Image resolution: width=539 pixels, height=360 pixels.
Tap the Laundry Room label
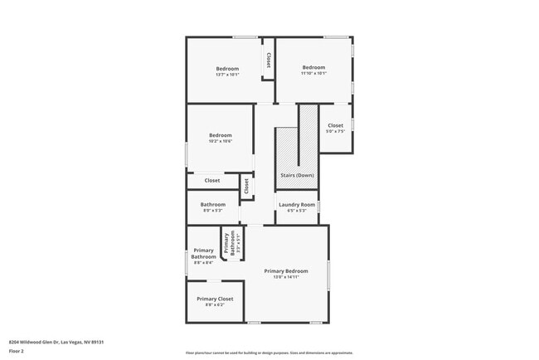click(297, 204)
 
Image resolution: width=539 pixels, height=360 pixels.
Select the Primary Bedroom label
click(286, 271)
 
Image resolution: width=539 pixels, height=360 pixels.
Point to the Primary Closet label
click(215, 299)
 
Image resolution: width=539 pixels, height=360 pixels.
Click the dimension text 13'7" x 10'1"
click(227, 75)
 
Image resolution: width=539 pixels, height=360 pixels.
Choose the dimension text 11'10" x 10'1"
click(313, 73)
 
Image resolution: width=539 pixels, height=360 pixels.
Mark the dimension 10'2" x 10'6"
click(220, 141)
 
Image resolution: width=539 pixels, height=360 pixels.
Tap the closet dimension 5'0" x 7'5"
click(335, 131)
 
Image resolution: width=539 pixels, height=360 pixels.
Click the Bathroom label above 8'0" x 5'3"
click(213, 204)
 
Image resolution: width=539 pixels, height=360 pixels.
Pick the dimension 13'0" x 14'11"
click(286, 277)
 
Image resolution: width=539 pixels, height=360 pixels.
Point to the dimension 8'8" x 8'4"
click(203, 263)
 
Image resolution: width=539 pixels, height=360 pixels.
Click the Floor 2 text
click(17, 351)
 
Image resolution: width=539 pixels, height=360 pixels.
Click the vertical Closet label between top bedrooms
click(269, 61)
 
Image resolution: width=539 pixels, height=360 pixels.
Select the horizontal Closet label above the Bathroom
click(212, 180)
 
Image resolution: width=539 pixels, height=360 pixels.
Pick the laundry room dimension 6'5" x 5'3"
click(297, 210)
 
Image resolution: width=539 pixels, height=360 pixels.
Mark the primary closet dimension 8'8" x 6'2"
click(215, 304)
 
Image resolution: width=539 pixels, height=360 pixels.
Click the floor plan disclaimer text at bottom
click(269, 353)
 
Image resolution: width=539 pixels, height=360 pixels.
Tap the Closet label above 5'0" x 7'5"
click(335, 125)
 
